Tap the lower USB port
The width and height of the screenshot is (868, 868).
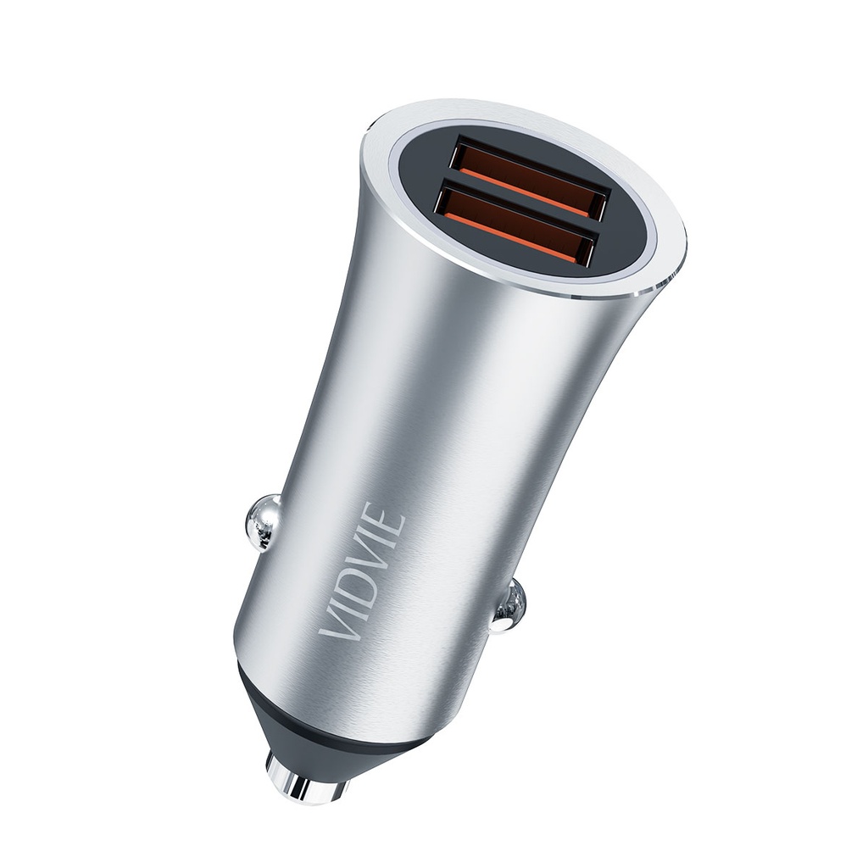click(x=514, y=225)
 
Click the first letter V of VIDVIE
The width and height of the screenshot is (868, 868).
click(x=336, y=620)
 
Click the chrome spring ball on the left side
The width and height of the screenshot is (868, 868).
click(x=262, y=521)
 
